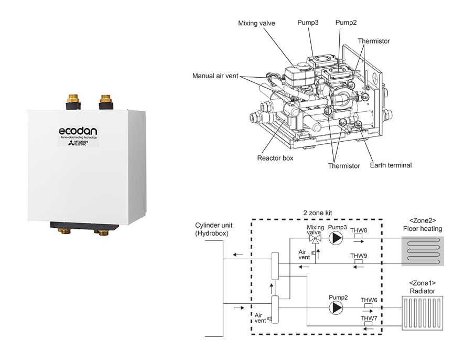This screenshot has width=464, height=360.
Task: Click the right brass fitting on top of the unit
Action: coord(106,99)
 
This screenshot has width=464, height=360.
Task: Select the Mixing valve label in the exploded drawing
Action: coord(256,23)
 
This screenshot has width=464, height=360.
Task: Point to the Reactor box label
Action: coord(275,157)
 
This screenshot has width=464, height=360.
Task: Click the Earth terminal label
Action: coord(391,165)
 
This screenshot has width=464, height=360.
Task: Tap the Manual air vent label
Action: coord(215,76)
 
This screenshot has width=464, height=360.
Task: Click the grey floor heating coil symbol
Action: coord(422,250)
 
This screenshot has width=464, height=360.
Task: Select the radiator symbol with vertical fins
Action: coord(422,313)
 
